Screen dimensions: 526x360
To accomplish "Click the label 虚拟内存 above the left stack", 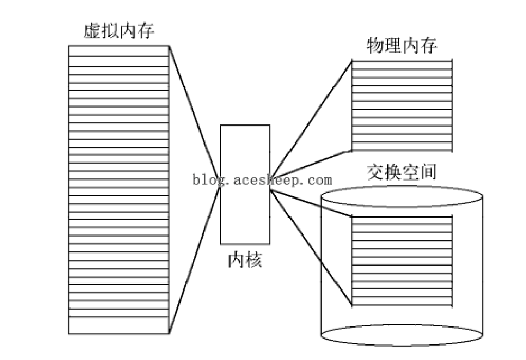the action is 119,31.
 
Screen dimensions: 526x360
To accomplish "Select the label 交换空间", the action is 402,172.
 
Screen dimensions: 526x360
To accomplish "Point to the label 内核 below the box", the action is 245,260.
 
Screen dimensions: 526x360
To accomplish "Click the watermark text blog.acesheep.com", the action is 262,180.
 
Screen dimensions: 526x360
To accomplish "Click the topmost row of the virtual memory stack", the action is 119,51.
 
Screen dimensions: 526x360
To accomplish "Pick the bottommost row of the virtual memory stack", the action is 119,326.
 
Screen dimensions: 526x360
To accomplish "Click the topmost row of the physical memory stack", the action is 402,65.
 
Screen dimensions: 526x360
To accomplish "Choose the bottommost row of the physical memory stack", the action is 402,146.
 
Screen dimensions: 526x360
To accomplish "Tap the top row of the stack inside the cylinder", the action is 402,220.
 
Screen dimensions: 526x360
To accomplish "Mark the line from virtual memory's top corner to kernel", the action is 194,117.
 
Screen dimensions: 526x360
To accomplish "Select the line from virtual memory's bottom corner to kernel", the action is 194,261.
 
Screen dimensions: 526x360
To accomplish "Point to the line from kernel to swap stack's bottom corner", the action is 311,248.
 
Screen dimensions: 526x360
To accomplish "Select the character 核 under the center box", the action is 253,260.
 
